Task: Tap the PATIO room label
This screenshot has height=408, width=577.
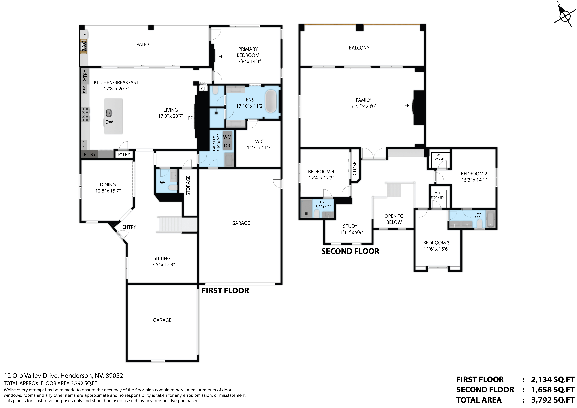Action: coord(143,44)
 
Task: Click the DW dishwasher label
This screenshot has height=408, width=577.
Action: coord(109,122)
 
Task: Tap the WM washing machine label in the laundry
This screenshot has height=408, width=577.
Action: coord(227,137)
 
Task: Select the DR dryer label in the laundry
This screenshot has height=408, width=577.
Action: coord(227,146)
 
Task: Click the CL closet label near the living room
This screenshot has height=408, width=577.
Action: coord(204,89)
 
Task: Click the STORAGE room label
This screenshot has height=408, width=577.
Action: coord(188,185)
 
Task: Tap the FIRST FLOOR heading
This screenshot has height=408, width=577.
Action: coord(225,291)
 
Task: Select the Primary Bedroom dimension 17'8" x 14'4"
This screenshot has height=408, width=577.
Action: coord(248,61)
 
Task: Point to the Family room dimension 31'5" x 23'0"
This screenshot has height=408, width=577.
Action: coord(363,106)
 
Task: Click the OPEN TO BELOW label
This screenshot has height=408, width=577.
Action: coord(394,219)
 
